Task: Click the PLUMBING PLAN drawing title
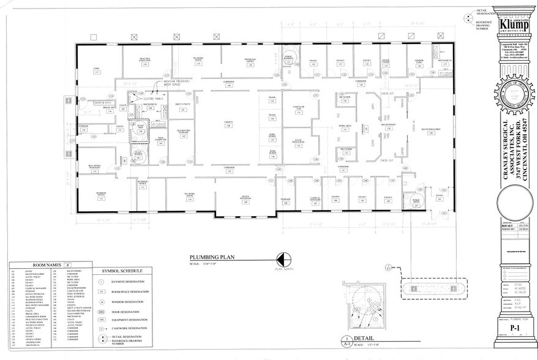coord(209,258)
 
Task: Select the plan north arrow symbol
coord(283,260)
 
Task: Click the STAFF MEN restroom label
coord(140,129)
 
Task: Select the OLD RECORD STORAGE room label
coord(183,130)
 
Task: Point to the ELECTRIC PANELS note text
coord(153,98)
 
